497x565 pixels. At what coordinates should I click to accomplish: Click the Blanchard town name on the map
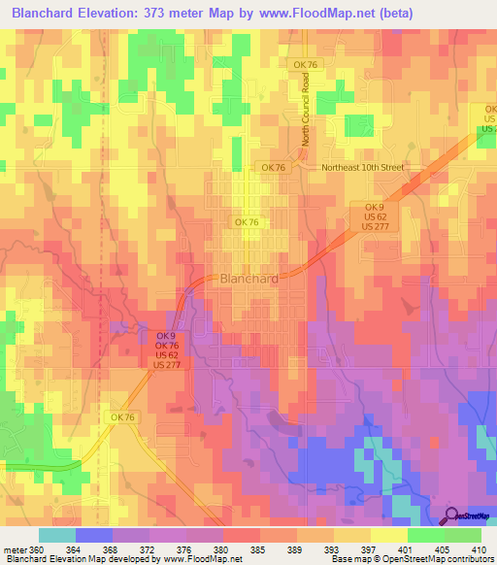click(250, 278)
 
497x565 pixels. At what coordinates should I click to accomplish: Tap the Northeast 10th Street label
click(362, 167)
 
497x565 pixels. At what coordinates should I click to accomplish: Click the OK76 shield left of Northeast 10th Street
click(273, 167)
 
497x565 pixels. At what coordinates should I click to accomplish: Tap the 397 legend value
click(366, 549)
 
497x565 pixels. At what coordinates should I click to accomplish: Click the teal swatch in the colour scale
click(57, 535)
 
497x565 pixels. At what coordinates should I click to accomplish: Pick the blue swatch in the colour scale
click(94, 535)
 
